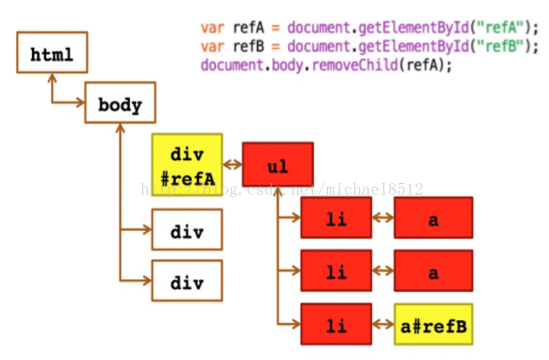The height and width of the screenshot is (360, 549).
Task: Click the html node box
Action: [x=51, y=54]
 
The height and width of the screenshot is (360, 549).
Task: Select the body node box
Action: [x=119, y=105]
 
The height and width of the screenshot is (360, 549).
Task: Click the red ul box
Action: [x=278, y=165]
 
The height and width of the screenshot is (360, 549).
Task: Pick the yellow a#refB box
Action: [x=433, y=326]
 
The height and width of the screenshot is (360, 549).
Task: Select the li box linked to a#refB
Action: [x=336, y=326]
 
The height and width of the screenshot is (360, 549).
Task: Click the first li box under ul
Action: [x=336, y=218]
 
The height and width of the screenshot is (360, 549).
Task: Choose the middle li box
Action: [x=336, y=272]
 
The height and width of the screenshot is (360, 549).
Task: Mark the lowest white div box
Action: [x=187, y=282]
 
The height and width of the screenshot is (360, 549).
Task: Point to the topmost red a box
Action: [x=433, y=218]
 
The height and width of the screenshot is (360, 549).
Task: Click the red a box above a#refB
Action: [x=433, y=272]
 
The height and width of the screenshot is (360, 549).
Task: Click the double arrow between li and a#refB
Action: [x=383, y=326]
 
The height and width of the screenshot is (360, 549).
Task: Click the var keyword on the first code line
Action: [x=212, y=27]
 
